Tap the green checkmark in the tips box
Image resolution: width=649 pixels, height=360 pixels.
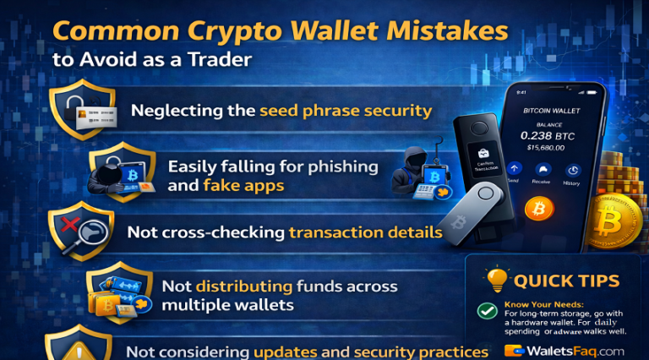click(487, 312)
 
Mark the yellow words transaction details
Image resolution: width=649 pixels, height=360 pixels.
click(365, 232)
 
